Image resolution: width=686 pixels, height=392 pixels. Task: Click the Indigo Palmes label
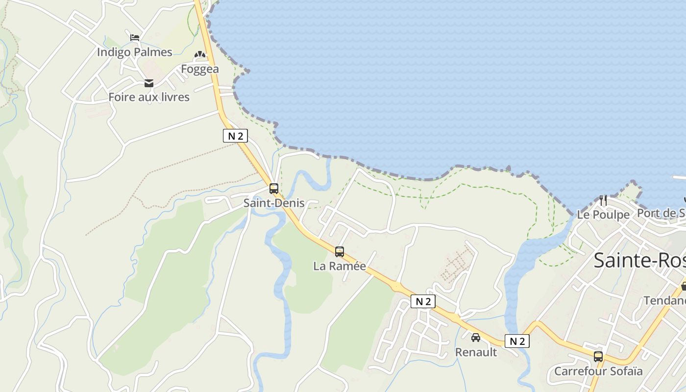click(x=134, y=52)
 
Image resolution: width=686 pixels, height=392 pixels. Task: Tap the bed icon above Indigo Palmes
click(x=135, y=37)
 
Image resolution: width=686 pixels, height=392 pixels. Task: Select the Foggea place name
click(x=200, y=69)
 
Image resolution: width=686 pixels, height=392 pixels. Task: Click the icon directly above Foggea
click(x=200, y=55)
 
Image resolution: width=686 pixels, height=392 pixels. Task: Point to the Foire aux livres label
click(x=149, y=97)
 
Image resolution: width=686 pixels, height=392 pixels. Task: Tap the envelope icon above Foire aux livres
click(x=149, y=83)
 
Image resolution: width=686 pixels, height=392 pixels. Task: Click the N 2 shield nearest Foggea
click(x=235, y=136)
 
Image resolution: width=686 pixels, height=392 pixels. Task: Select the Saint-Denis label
click(x=274, y=203)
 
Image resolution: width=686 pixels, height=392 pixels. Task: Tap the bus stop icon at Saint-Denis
click(x=274, y=188)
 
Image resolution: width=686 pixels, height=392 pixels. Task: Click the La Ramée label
click(x=340, y=266)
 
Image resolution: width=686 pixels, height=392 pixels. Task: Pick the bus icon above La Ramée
click(x=340, y=252)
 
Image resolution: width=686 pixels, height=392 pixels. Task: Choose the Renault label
click(x=476, y=352)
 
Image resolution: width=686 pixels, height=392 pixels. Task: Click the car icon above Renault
click(x=476, y=338)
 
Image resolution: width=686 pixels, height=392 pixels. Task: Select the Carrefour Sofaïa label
click(x=598, y=371)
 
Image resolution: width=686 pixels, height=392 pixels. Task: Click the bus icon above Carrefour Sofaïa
click(x=598, y=357)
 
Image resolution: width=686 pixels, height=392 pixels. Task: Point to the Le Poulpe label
click(x=603, y=215)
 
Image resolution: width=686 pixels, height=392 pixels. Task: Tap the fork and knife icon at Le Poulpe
click(x=603, y=200)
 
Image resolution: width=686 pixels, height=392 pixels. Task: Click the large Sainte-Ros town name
click(x=639, y=260)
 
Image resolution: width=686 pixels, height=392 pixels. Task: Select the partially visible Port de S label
click(x=661, y=213)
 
